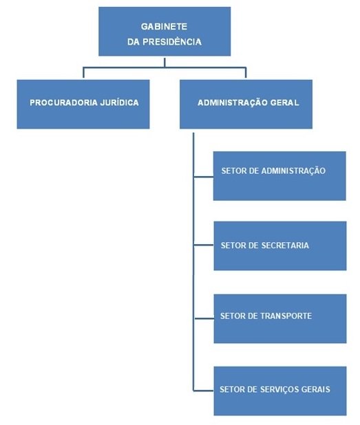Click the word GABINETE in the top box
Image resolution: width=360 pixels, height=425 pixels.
pyautogui.click(x=164, y=27)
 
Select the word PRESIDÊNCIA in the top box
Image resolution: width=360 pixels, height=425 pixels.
pyautogui.click(x=172, y=42)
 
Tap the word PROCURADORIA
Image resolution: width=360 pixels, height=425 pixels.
pyautogui.click(x=63, y=102)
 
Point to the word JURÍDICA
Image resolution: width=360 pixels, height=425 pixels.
pyautogui.click(x=119, y=102)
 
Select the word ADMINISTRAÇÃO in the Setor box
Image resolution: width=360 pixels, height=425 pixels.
pyautogui.click(x=293, y=171)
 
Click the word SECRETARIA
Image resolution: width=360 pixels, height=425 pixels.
pyautogui.click(x=285, y=246)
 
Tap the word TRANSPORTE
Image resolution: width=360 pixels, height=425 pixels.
pyautogui.click(x=286, y=316)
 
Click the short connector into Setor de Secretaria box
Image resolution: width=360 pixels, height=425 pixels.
pyautogui.click(x=204, y=246)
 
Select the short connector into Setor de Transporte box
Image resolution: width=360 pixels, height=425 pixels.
pyautogui.click(x=204, y=318)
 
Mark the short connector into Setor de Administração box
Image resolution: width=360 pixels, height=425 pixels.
pyautogui.click(x=204, y=177)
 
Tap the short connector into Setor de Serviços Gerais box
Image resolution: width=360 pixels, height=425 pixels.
pyautogui.click(x=204, y=391)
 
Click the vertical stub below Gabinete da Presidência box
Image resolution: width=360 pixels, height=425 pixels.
pyautogui.click(x=165, y=63)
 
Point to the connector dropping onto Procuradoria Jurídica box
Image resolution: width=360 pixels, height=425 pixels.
pyautogui.click(x=83, y=73)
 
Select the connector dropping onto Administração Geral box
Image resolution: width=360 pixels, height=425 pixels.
pyautogui.click(x=246, y=73)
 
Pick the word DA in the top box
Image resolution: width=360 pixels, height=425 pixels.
pyautogui.click(x=134, y=42)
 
